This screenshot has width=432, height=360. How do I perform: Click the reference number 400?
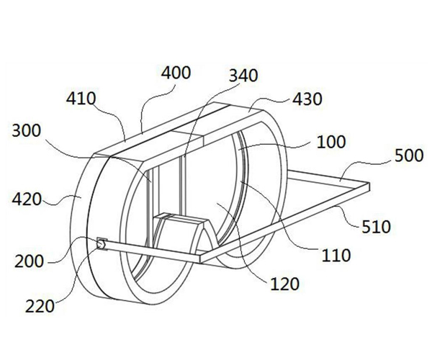click(x=176, y=73)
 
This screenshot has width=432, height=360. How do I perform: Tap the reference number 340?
click(x=243, y=76)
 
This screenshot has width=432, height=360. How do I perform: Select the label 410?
click(x=81, y=99)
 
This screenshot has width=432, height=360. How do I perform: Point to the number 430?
click(x=307, y=99)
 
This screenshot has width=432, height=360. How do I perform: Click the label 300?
click(x=27, y=130)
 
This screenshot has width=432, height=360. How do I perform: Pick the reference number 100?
click(x=331, y=142)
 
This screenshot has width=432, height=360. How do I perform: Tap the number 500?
click(x=409, y=156)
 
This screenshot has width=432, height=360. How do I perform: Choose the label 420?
click(x=27, y=199)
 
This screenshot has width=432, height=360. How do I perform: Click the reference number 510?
click(x=376, y=228)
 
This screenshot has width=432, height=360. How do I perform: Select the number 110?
click(x=336, y=256)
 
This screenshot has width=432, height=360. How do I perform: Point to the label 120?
click(x=284, y=284)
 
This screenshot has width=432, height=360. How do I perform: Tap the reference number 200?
click(x=30, y=261)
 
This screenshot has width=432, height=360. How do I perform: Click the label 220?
click(x=40, y=306)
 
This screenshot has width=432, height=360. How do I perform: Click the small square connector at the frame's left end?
click(x=102, y=244)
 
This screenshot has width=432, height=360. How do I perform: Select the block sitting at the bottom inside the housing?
click(x=181, y=230)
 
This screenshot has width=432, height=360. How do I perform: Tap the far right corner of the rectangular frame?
click(x=369, y=183)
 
